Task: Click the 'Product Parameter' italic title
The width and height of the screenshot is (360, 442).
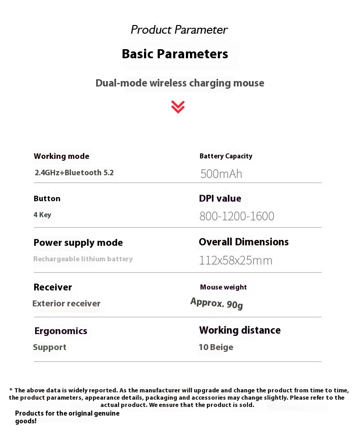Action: [179, 30]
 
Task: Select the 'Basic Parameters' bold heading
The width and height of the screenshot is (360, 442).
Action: [175, 54]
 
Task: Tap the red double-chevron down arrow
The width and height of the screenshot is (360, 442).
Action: [178, 107]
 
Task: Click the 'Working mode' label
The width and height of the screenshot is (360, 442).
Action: [62, 156]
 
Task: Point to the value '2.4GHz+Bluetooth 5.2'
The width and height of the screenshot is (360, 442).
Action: [74, 173]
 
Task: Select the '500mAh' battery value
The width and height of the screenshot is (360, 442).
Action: [221, 174]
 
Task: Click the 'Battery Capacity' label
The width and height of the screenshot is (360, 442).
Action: [226, 156]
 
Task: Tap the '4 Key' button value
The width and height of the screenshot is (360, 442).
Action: [42, 215]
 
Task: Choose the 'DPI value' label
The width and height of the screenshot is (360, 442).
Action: [220, 198]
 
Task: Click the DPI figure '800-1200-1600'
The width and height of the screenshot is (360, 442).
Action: [237, 216]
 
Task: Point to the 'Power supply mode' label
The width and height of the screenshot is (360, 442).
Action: [78, 243]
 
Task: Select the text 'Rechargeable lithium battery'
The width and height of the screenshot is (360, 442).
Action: [83, 259]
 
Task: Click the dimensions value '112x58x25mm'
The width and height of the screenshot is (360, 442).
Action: [236, 260]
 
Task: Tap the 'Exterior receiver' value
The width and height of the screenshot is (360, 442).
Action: [67, 304]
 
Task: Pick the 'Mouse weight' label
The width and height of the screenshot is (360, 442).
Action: [223, 287]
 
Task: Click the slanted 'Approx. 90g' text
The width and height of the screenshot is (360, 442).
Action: [216, 304]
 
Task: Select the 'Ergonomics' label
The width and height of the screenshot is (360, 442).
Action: [61, 331]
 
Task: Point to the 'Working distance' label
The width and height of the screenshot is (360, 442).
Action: [240, 330]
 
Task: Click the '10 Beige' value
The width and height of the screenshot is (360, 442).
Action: [216, 347]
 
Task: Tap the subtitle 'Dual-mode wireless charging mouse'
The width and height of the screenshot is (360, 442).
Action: [180, 83]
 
